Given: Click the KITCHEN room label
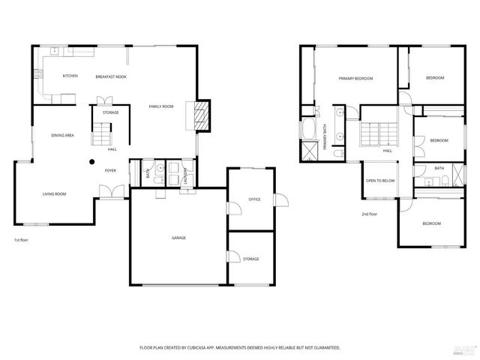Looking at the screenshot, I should [x=70, y=76].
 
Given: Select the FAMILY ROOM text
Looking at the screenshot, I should [x=160, y=106].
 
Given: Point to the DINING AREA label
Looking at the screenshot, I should [x=62, y=135].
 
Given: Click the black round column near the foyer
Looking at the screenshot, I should [x=92, y=160].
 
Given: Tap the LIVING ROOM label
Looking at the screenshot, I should [x=54, y=194].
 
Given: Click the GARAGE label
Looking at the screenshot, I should [x=178, y=238].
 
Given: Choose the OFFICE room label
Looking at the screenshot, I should [x=254, y=199].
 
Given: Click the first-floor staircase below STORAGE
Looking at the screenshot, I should [x=100, y=136].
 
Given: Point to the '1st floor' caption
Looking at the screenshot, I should [x=21, y=240].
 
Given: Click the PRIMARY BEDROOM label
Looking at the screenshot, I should [x=355, y=78].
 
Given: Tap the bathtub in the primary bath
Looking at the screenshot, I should [x=308, y=128].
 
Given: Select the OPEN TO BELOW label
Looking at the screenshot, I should [x=380, y=181].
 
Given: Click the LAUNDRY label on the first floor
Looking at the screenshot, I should [x=184, y=175].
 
